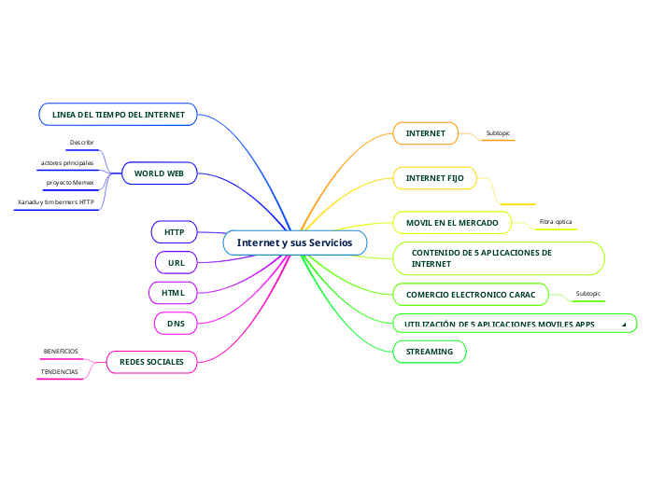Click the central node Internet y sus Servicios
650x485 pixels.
(x=294, y=242)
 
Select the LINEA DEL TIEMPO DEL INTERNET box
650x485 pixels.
(x=118, y=115)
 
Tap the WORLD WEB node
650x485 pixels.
(x=159, y=173)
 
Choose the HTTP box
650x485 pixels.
(x=175, y=231)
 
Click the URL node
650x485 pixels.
(x=176, y=263)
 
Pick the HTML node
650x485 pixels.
(x=174, y=293)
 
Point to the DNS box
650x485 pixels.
(x=176, y=324)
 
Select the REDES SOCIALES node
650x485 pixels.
(x=151, y=361)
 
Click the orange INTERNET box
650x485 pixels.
(x=425, y=133)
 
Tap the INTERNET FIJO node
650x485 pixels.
(x=434, y=177)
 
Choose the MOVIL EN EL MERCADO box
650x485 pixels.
(x=452, y=222)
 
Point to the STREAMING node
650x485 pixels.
(x=430, y=352)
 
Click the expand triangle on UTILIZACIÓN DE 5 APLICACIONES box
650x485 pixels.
(x=623, y=325)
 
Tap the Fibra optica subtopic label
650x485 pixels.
(x=556, y=222)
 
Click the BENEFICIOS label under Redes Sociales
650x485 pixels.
(x=61, y=352)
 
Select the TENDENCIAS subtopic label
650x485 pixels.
(x=60, y=371)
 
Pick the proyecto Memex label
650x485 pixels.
(x=70, y=182)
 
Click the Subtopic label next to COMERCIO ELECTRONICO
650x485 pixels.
(x=588, y=294)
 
